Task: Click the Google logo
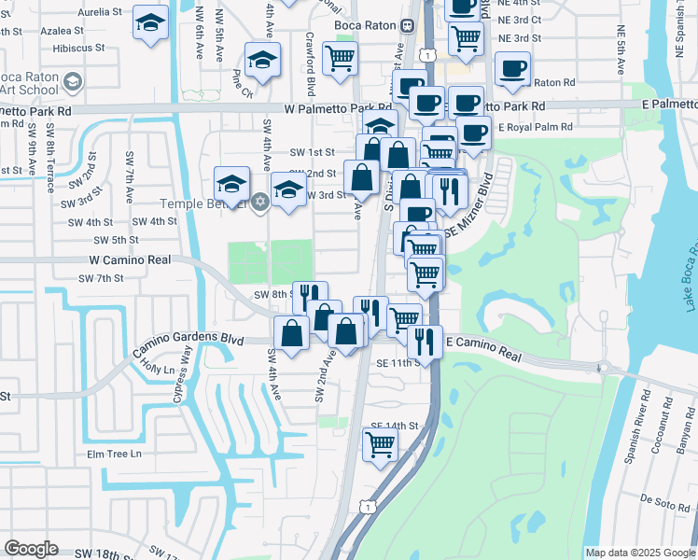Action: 31,549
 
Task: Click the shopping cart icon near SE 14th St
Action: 380,443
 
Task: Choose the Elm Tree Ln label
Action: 114,455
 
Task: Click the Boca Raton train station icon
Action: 408,26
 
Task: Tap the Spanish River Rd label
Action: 643,413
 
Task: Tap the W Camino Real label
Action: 130,259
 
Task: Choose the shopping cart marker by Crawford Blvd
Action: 340,57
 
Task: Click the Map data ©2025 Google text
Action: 640,553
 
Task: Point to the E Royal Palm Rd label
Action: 533,127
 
